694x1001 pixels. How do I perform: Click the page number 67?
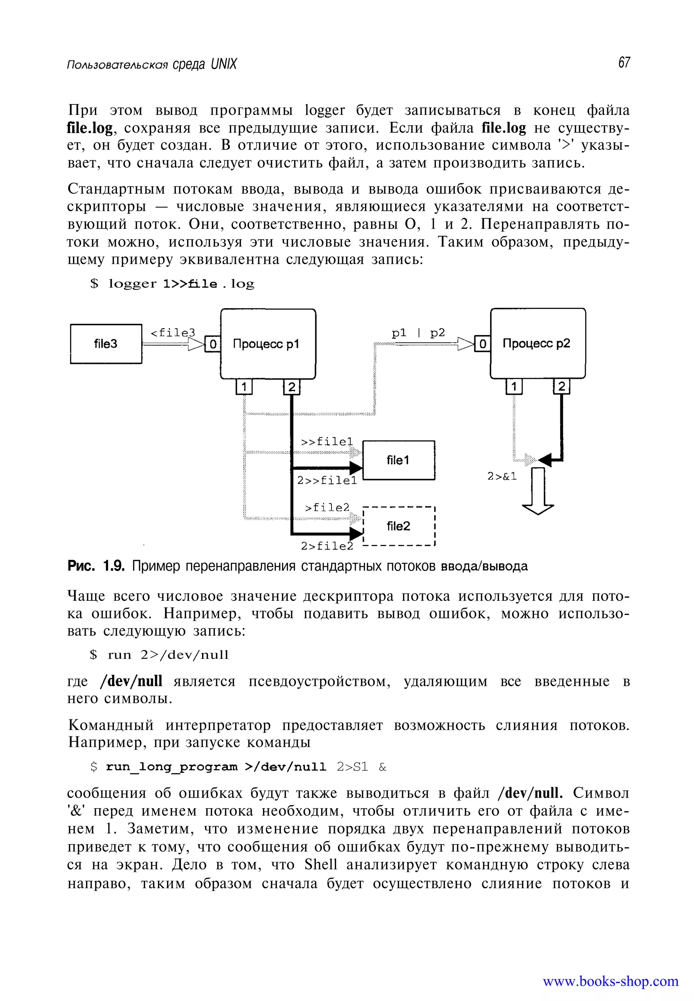(624, 63)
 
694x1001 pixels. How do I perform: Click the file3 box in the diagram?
(106, 344)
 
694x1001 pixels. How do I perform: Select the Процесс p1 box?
(268, 344)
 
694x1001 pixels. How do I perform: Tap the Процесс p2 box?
(538, 344)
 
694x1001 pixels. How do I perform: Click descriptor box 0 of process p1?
(212, 344)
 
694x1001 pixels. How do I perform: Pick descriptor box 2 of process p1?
(291, 387)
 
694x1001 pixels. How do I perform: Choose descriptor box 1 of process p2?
(514, 386)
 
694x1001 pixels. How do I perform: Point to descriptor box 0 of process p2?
(482, 344)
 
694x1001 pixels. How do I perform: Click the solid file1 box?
(398, 460)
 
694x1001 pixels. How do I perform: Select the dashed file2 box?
(398, 526)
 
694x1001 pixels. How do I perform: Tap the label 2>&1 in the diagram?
(502, 476)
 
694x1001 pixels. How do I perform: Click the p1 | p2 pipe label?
(418, 333)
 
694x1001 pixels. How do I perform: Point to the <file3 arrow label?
(172, 333)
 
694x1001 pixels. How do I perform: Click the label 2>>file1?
(327, 481)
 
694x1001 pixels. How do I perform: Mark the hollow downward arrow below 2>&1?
(538, 491)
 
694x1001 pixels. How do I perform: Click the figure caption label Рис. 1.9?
(96, 566)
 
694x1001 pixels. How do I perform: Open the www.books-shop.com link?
(610, 981)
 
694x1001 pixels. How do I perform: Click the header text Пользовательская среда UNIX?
(152, 64)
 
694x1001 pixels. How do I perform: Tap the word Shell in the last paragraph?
(321, 864)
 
